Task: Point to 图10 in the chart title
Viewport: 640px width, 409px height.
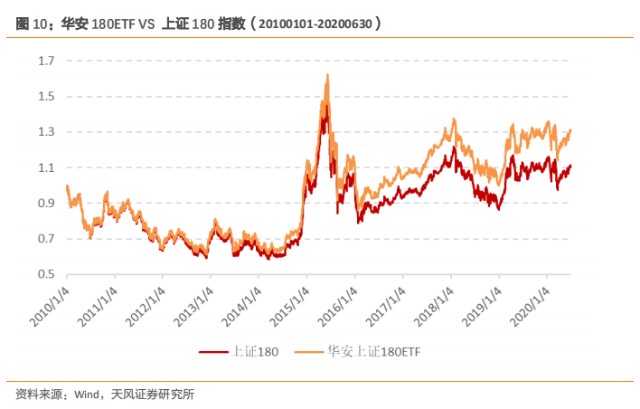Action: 34,21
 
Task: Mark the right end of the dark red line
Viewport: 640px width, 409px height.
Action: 571,166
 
